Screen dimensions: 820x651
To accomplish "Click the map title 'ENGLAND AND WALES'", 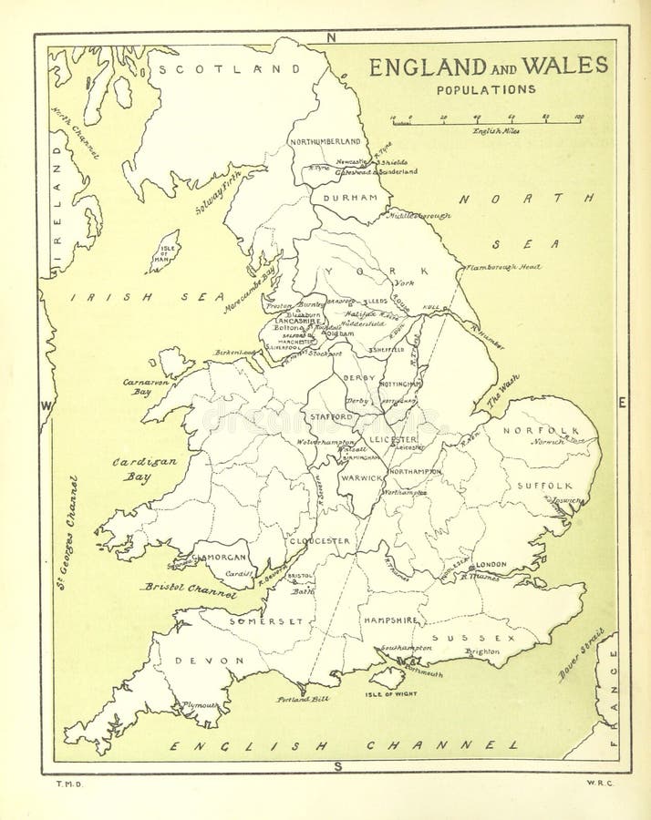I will pos(488,66).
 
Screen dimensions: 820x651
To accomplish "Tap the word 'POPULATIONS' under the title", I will pos(486,89).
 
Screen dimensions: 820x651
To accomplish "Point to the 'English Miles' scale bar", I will pos(487,119).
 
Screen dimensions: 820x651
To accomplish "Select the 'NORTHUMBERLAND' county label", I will pos(325,142).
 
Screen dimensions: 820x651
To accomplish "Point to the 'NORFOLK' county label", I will pos(546,430).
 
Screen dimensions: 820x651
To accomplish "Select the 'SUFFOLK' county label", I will pos(545,486).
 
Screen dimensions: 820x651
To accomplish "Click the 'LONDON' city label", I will pos(491,564).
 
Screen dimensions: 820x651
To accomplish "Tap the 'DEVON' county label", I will pos(210,661).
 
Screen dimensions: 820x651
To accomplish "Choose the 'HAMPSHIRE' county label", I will pos(391,620).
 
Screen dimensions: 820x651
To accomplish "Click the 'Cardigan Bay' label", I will pos(144,469).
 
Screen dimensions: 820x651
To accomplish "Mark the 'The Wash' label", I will pos(502,390).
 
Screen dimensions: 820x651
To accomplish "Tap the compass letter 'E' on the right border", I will pos(622,403).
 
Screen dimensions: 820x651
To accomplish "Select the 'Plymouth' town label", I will pos(201,705).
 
